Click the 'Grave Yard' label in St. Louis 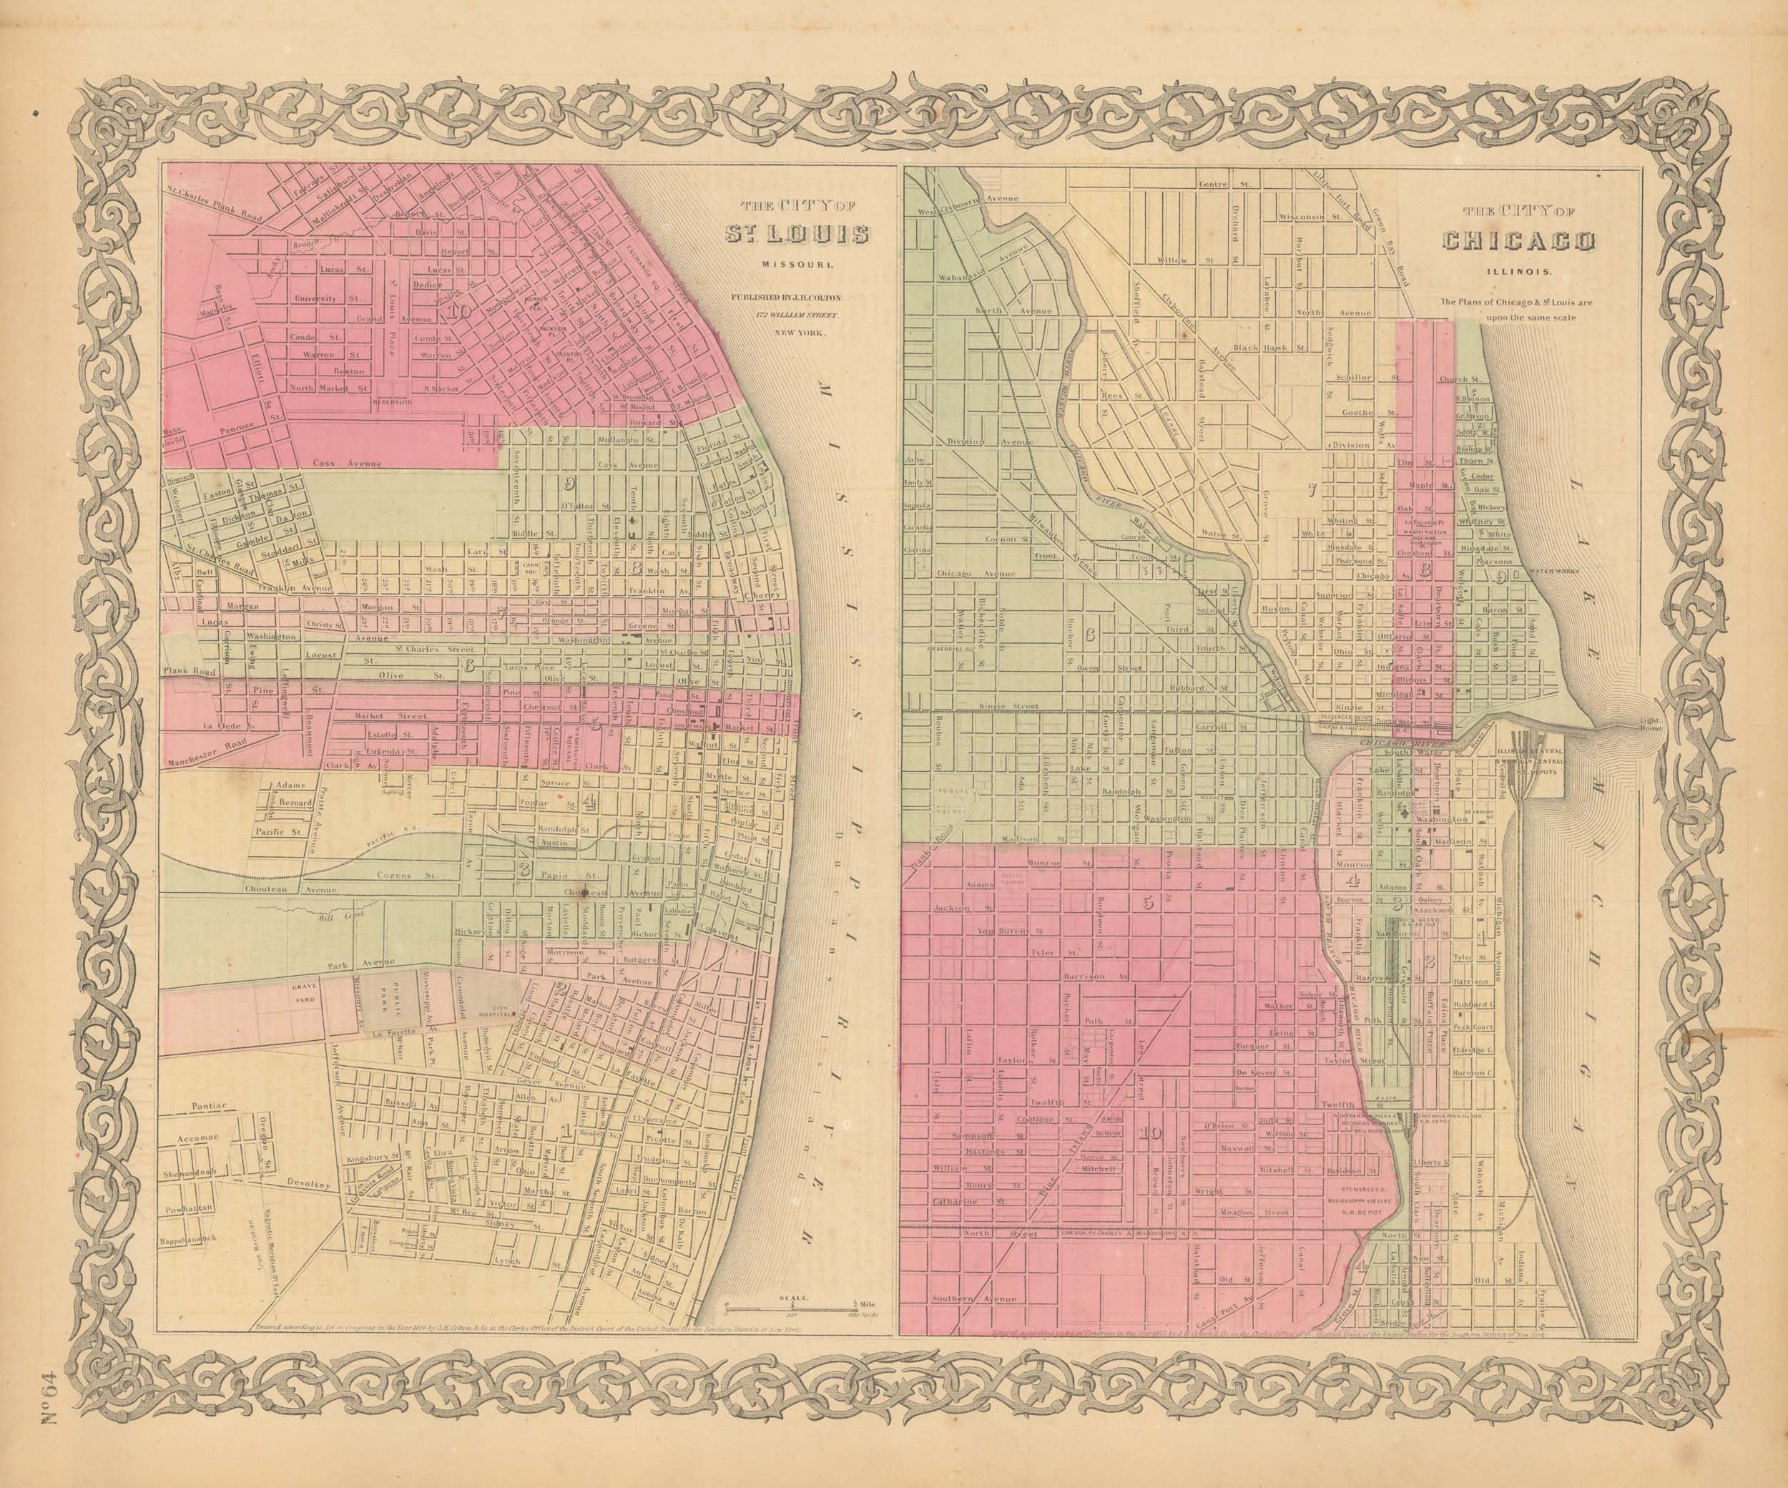pyautogui.click(x=304, y=995)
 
